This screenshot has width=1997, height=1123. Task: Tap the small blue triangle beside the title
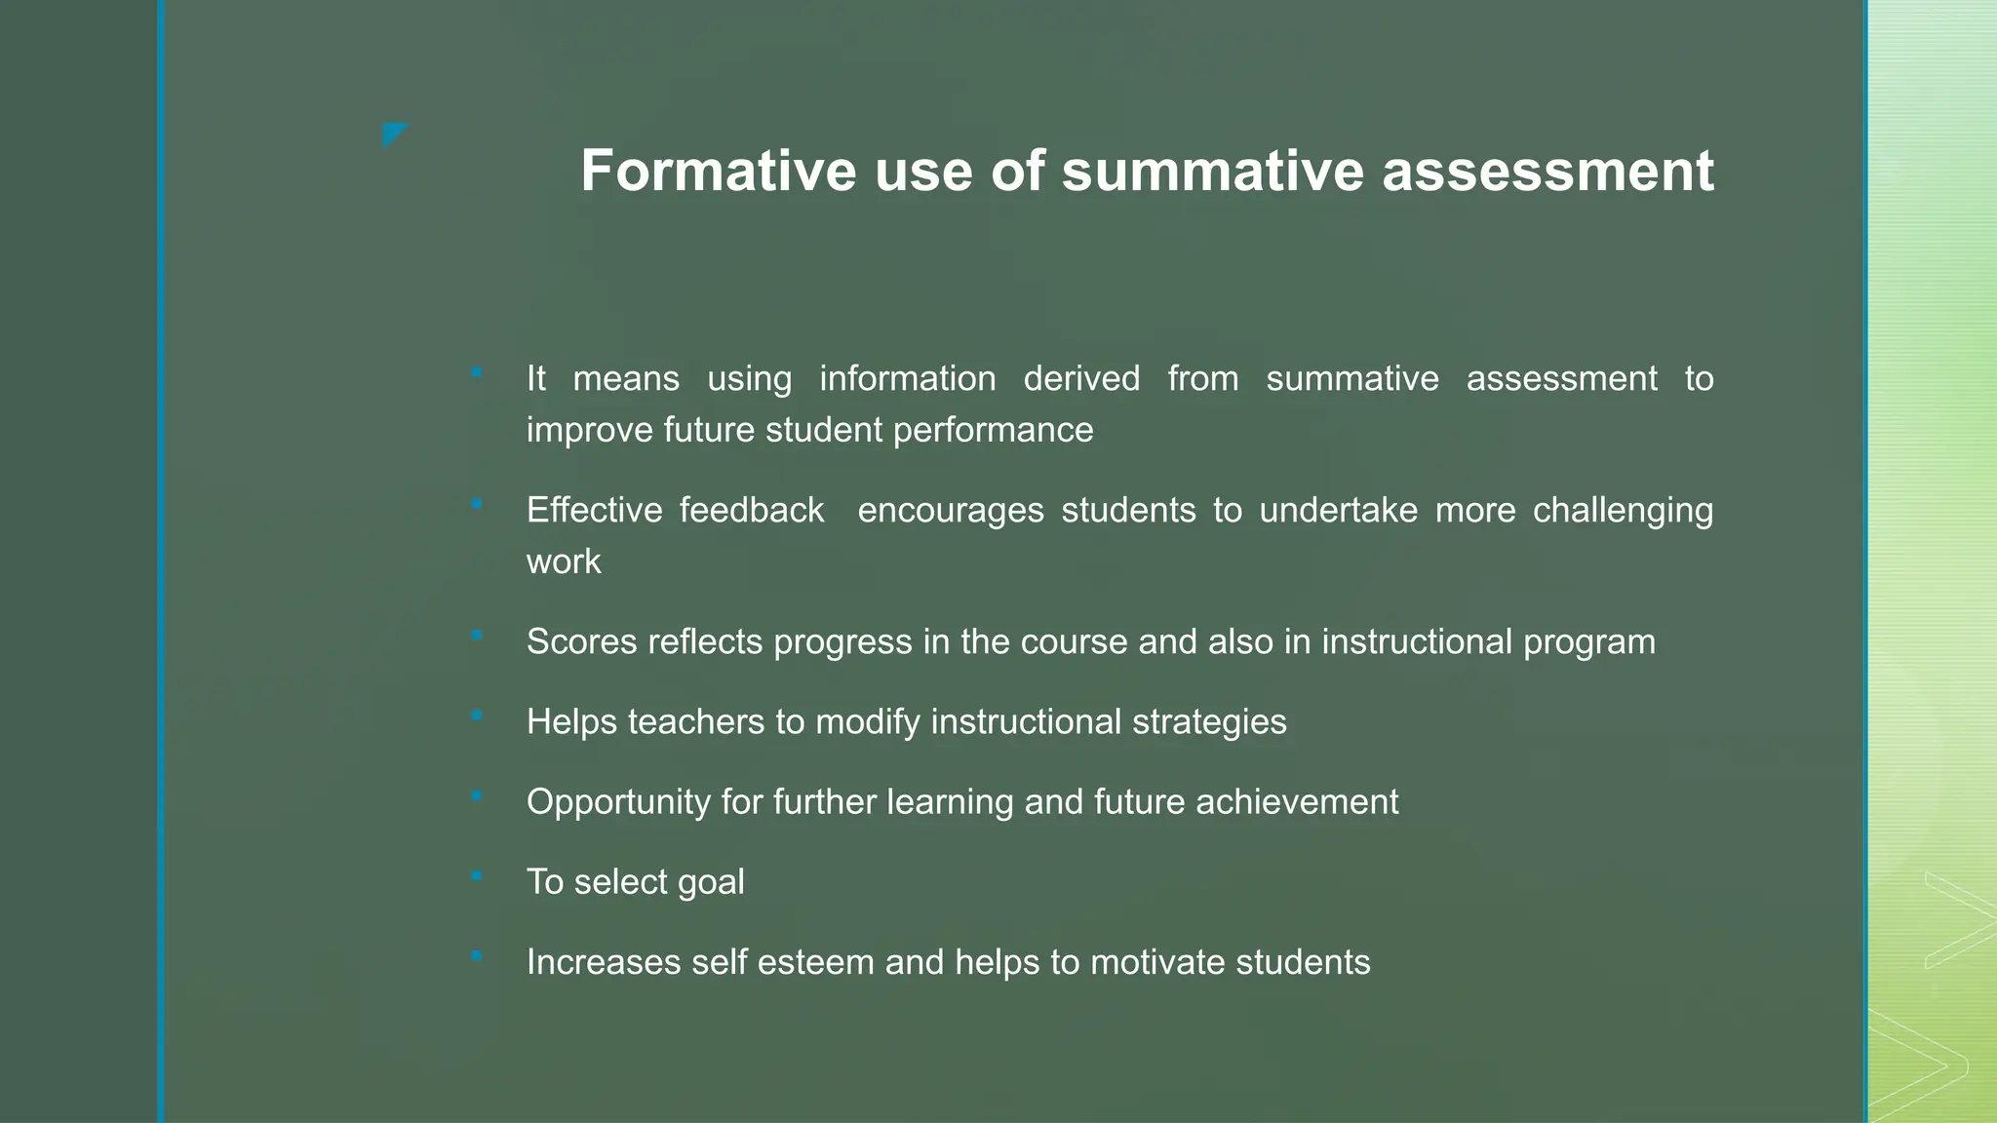pos(393,133)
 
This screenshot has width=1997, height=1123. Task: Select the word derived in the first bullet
pos(1081,378)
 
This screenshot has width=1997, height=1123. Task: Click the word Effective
pos(594,510)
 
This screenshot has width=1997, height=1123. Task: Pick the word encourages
pos(951,510)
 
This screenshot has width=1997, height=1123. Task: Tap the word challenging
pos(1623,510)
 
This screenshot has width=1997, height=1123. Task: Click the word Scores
pos(581,641)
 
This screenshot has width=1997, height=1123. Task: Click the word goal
pos(711,882)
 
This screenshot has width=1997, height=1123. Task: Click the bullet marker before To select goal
pos(477,876)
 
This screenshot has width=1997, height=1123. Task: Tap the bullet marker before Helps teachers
pos(477,716)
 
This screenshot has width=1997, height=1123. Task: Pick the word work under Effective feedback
pos(564,561)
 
